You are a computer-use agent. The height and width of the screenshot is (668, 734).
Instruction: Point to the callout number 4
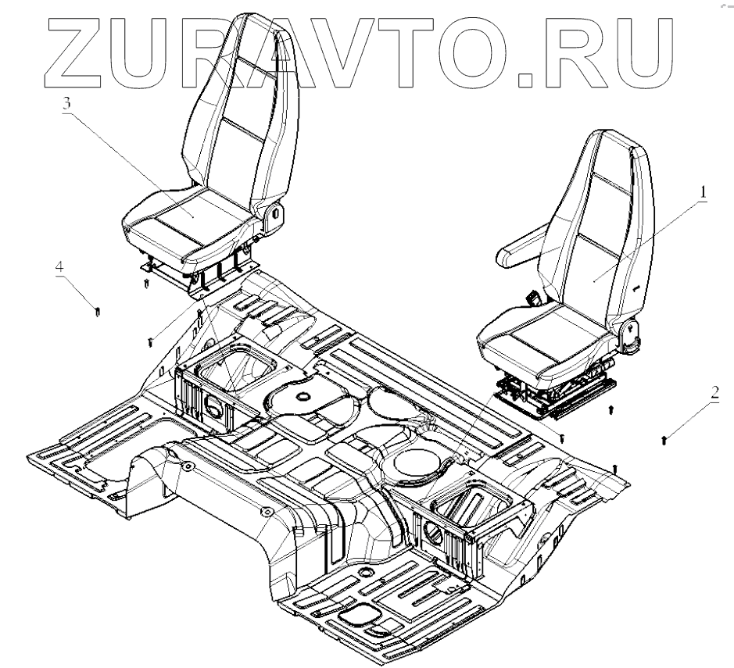click(59, 265)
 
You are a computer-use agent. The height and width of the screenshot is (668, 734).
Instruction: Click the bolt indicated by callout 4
click(96, 312)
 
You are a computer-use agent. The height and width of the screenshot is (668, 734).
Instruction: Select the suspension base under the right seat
click(547, 394)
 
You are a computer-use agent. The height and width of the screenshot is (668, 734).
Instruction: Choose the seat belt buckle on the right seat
click(533, 298)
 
